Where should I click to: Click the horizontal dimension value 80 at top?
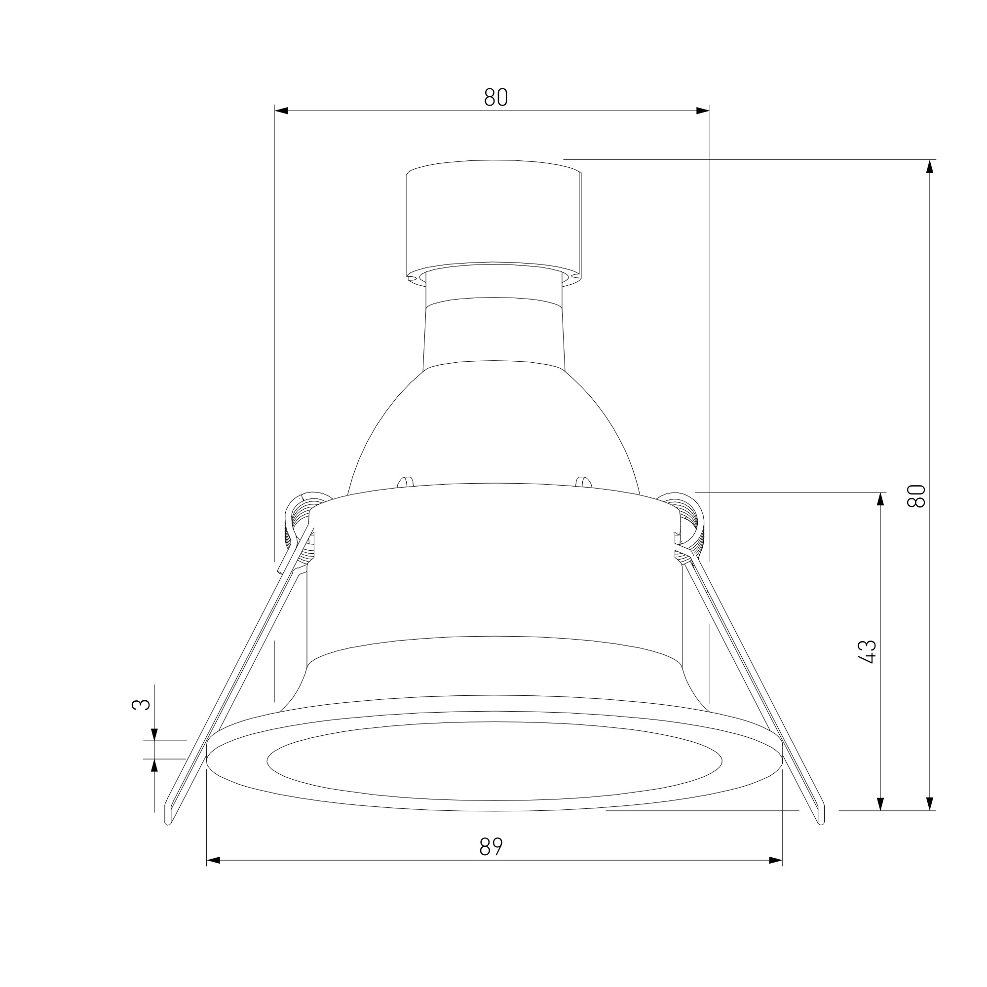[495, 97]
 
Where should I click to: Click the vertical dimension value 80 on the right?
[916, 495]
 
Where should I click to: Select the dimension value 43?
[868, 652]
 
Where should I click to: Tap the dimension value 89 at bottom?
[491, 846]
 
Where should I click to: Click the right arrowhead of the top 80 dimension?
[703, 111]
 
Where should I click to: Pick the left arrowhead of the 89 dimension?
[213, 861]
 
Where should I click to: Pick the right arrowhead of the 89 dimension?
[775, 861]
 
